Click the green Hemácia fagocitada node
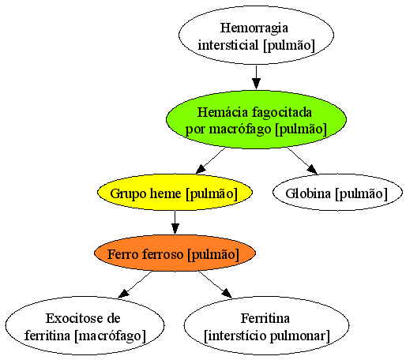[x=256, y=120]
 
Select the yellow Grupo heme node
[x=175, y=193]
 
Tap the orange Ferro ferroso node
[x=175, y=253]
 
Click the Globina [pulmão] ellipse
[x=337, y=193]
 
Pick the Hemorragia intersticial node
[x=256, y=35]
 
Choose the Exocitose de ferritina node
[x=85, y=325]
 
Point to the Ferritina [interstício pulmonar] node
[x=266, y=325]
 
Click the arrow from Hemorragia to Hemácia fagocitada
[x=256, y=77]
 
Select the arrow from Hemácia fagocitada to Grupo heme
[x=211, y=160]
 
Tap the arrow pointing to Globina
[x=303, y=160]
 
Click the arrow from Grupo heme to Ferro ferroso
[x=175, y=223]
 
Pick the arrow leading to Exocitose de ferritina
[x=135, y=284]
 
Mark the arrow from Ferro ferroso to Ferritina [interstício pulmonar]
[x=216, y=284]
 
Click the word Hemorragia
[x=254, y=28]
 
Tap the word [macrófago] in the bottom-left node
[x=110, y=336]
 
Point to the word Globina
[x=308, y=193]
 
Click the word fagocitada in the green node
[x=282, y=113]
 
